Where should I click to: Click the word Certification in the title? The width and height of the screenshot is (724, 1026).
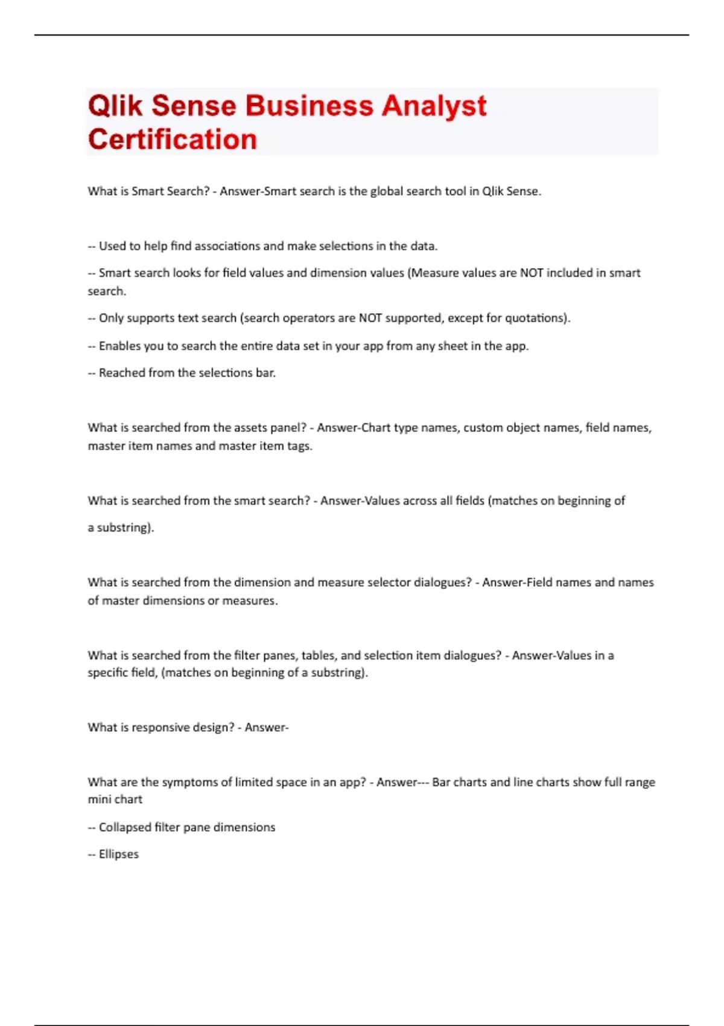tap(173, 139)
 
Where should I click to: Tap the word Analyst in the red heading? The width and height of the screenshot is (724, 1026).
tap(434, 106)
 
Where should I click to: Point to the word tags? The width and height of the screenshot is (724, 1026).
tap(299, 446)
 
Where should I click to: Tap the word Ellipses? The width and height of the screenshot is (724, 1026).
tap(119, 854)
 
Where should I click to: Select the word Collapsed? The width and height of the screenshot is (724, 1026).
tap(125, 827)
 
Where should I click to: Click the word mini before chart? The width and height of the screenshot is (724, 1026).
tap(99, 799)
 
